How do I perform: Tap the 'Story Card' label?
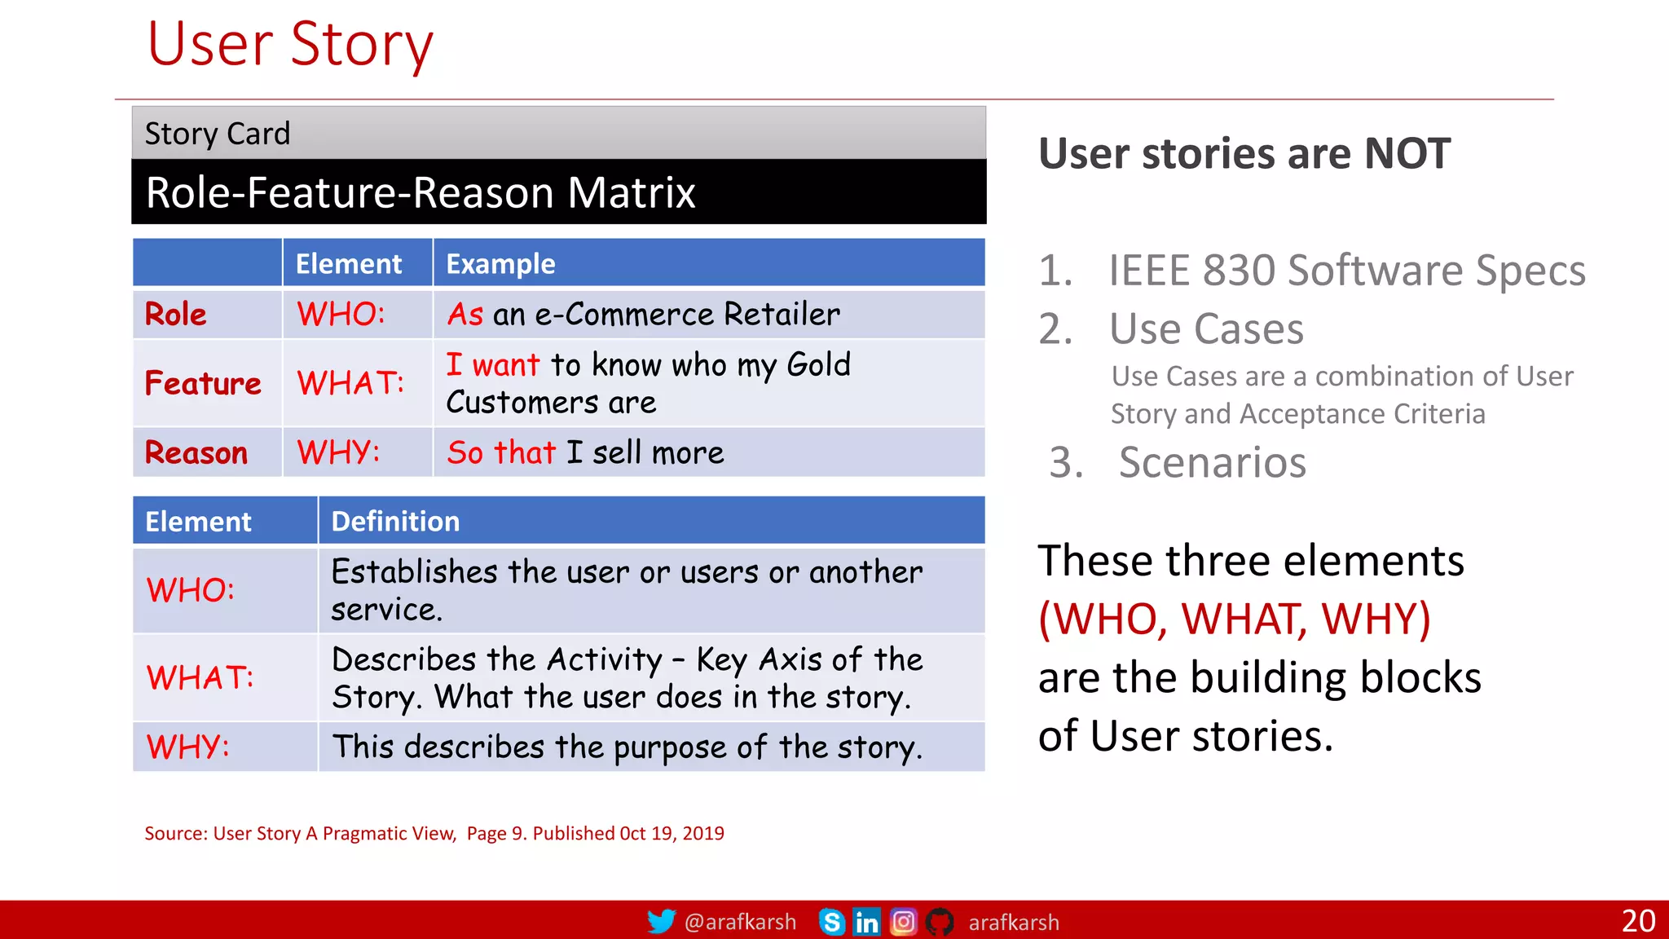(217, 134)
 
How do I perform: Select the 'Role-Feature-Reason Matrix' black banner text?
(421, 193)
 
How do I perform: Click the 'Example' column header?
(500, 264)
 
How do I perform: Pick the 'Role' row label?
(176, 315)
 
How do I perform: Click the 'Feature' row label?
(203, 384)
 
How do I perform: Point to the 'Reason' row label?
(196, 453)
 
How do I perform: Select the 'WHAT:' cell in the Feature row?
(350, 384)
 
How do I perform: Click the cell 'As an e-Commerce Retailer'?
(643, 315)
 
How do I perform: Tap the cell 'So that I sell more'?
(585, 453)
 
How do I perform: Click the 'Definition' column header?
(395, 522)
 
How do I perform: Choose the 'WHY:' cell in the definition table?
(188, 747)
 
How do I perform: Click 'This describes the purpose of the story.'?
(628, 747)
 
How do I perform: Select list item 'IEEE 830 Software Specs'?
(1346, 271)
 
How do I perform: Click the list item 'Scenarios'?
(1212, 463)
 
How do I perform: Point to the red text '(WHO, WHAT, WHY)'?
(1235, 619)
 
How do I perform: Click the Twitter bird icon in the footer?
(661, 921)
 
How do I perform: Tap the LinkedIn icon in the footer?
(866, 922)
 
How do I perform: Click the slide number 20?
(1638, 921)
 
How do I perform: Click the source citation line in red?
(434, 834)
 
